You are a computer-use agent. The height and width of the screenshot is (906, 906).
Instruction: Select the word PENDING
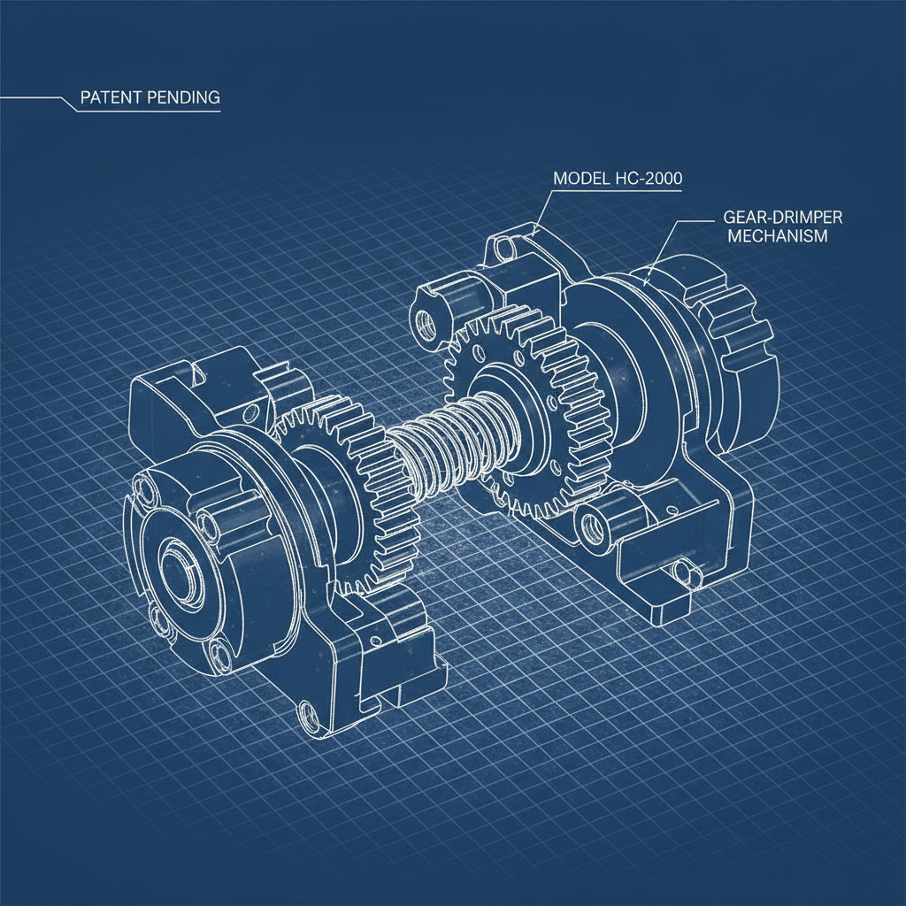pos(183,96)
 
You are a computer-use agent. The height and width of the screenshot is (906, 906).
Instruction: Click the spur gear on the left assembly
pos(354,495)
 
